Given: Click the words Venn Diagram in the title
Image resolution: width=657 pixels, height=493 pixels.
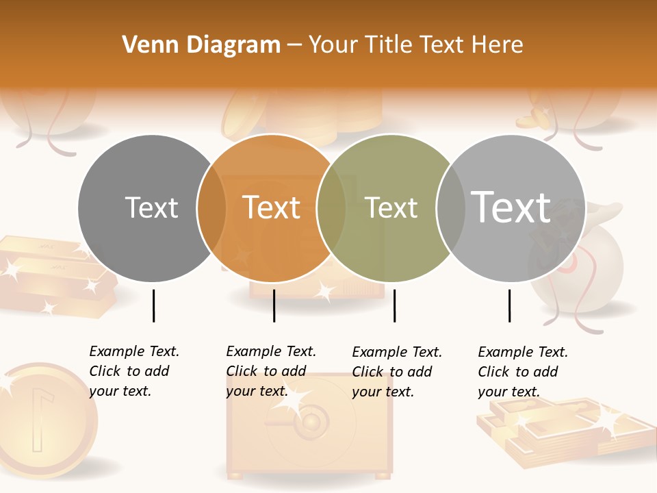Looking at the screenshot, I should tap(201, 45).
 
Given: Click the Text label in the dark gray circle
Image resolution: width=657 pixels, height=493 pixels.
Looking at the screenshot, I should tap(151, 207).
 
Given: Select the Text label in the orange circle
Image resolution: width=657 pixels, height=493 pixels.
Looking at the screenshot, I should tap(272, 207).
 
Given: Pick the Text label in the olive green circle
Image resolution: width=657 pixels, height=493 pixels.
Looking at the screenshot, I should tap(391, 207).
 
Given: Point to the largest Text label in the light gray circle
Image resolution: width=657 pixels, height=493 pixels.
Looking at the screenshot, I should tap(511, 207).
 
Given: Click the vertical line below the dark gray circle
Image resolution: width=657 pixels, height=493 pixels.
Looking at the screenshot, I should tap(153, 305).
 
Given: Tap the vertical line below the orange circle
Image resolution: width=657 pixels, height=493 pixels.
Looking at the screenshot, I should tap(274, 305).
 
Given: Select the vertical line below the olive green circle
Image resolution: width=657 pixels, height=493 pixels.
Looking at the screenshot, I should tap(394, 305).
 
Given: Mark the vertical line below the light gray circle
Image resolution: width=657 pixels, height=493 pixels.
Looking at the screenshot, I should tap(509, 305).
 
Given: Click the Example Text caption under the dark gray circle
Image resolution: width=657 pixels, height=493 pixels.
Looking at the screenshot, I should tap(133, 371).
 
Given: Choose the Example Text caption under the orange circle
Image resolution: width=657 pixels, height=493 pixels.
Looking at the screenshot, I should tap(270, 371).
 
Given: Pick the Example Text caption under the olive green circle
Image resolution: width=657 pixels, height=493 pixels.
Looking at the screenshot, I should tap(396, 372).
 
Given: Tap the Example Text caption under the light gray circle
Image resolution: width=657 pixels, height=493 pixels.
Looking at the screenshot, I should tap(522, 372).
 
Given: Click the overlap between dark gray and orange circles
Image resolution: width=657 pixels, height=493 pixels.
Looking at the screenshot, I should tap(211, 208).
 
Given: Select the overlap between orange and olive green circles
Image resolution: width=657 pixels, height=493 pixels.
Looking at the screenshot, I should tap(331, 208).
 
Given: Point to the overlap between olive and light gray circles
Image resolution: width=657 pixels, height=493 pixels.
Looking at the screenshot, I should tap(451, 208).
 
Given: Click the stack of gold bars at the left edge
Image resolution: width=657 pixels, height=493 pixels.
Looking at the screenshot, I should tap(48, 274).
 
